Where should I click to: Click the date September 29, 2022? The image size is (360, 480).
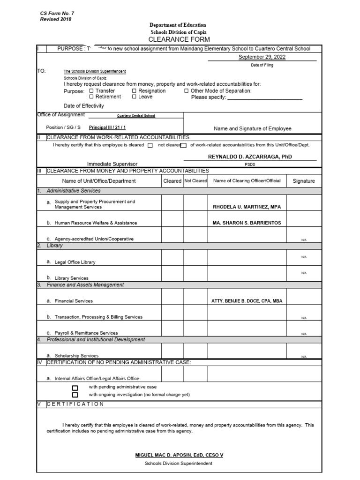point(262,57)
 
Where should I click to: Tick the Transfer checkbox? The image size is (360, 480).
point(91,91)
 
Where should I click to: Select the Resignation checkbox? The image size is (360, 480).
point(134,91)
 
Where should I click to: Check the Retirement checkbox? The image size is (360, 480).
point(91,97)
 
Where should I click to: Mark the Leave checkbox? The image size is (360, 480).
point(134,97)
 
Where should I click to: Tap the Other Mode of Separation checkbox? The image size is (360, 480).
point(187,91)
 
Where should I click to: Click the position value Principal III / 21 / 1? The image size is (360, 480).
point(107,127)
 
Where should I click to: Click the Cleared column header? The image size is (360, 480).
point(172,181)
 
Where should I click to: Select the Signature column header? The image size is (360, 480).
point(304,181)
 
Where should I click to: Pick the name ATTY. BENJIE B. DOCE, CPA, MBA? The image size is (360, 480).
point(247,301)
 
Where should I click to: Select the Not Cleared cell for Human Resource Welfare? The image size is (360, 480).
point(195,219)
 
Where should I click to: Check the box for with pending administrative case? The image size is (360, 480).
point(75,388)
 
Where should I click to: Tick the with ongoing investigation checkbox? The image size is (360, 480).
point(75,395)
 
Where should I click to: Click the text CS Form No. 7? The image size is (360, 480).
point(57,14)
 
